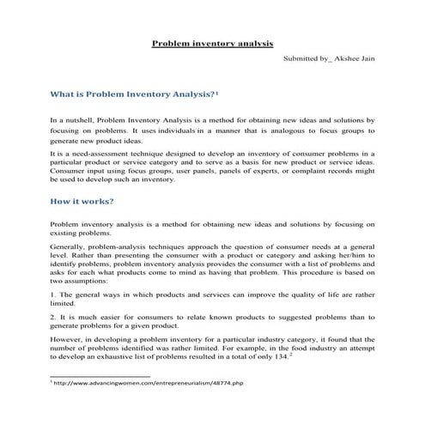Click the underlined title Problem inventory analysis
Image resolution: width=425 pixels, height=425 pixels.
[x=212, y=41]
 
